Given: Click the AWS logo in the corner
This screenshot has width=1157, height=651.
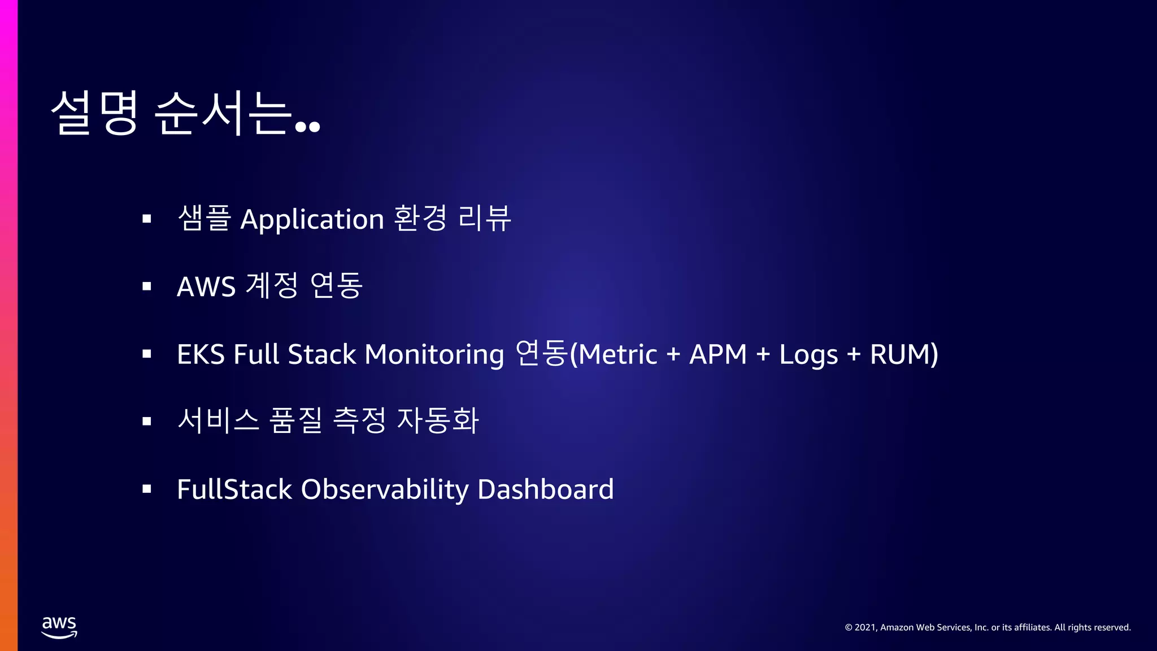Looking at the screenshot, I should tap(59, 627).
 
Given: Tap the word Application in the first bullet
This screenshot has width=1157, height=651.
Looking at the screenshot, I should tap(312, 220).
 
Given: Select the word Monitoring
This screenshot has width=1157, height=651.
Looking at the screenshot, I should tap(434, 355).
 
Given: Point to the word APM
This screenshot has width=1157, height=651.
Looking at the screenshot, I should tap(717, 355).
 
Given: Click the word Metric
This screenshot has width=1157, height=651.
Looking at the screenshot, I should tap(618, 355).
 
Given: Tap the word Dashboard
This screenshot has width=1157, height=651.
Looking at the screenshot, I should tap(545, 489).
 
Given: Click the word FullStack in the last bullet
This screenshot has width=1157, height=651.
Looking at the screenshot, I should tap(234, 489).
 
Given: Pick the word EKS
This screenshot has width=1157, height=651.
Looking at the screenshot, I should tap(201, 355).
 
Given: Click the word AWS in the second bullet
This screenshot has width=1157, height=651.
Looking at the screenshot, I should tap(206, 287).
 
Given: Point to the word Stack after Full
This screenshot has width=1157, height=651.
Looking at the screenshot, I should tap(321, 355).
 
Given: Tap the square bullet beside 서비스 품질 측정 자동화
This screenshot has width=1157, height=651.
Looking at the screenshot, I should tap(147, 421).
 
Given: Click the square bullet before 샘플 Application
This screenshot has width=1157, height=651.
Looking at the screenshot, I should tap(147, 219).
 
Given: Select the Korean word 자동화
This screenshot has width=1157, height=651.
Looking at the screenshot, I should tap(438, 421).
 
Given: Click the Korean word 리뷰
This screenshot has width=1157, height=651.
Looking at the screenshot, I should tap(484, 219).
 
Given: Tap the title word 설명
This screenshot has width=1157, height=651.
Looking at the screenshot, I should tap(94, 113).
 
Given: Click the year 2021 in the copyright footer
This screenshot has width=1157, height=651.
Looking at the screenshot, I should tap(865, 627).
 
